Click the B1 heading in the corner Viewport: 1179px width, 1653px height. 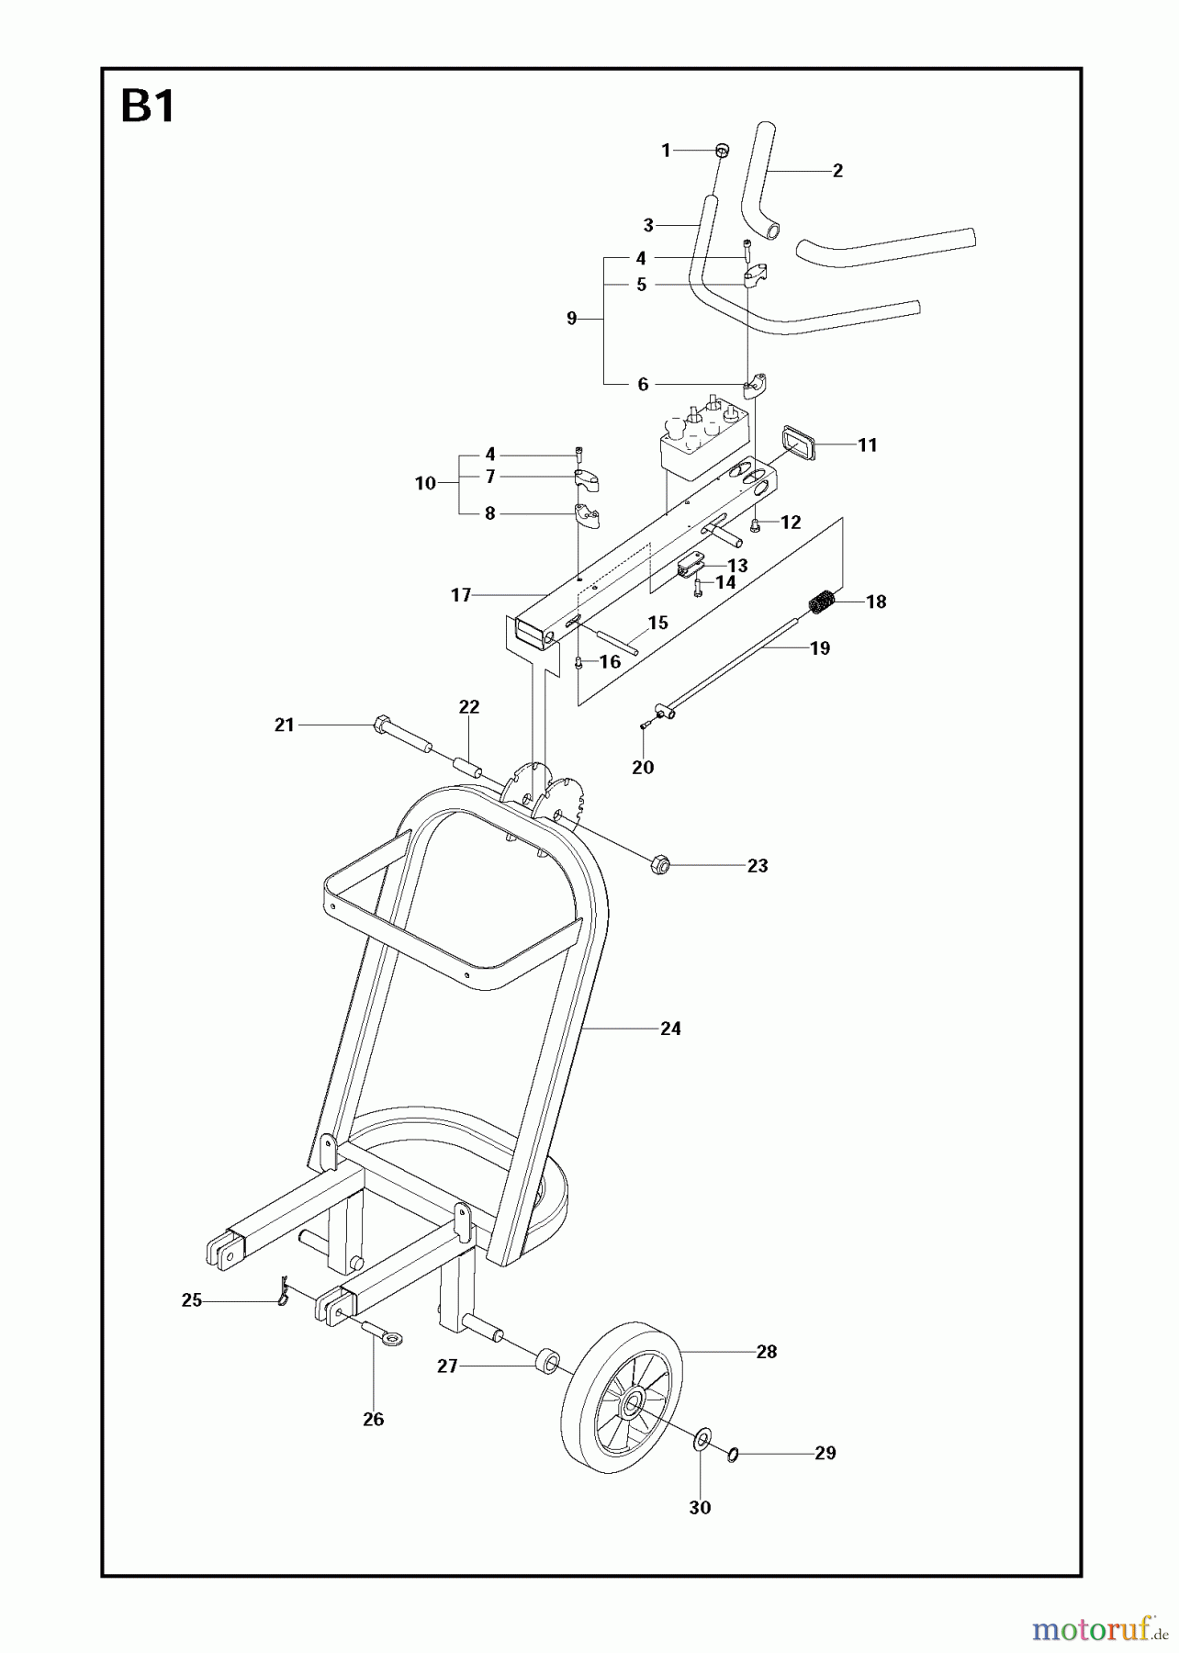tap(148, 108)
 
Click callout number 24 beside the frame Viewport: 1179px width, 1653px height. tap(670, 1029)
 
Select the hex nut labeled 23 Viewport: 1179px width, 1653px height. tap(659, 864)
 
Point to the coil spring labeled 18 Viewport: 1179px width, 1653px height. tap(822, 602)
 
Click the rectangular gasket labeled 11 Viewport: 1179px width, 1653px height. tap(797, 443)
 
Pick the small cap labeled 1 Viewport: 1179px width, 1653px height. tap(722, 150)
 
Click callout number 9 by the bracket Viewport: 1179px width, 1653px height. tap(571, 319)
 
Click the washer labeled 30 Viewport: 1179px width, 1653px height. tap(700, 1436)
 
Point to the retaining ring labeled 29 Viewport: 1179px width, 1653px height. tap(733, 1455)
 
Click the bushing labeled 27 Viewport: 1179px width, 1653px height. tap(548, 1360)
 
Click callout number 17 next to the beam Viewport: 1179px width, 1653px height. tap(460, 595)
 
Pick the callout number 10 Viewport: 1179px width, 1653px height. tap(424, 483)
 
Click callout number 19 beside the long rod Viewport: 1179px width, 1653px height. tap(819, 648)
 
